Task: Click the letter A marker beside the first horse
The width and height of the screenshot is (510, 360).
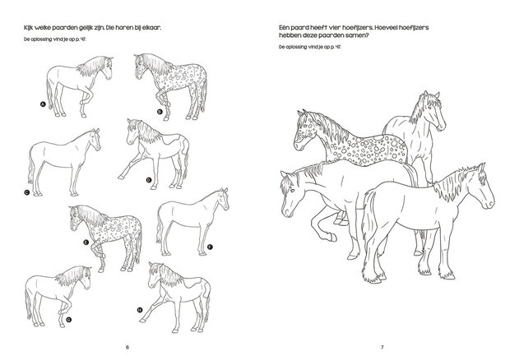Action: point(42,104)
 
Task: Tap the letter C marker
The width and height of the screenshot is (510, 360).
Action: point(26,192)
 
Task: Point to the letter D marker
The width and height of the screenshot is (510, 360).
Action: point(148,179)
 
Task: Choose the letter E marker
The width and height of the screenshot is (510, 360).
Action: point(86,242)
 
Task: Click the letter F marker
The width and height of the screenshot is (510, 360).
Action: point(211,247)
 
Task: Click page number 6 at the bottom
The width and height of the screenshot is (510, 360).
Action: point(127,345)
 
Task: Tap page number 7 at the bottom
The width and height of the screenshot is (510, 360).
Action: point(383,345)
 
